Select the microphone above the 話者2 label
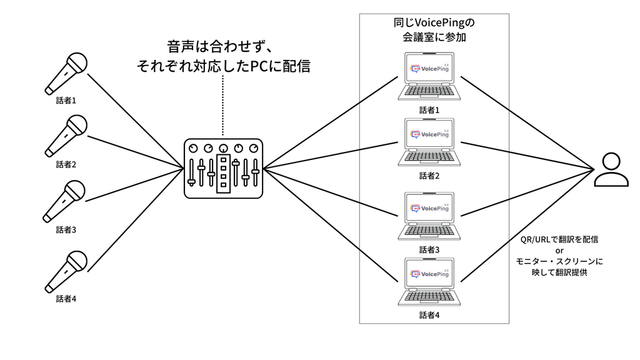pos(66,136)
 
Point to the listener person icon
pos(611,169)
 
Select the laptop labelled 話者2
pos(429,143)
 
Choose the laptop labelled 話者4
pos(429,282)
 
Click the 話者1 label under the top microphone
pos(66,100)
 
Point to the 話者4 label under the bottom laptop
pos(429,314)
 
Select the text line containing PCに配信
pos(223,66)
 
